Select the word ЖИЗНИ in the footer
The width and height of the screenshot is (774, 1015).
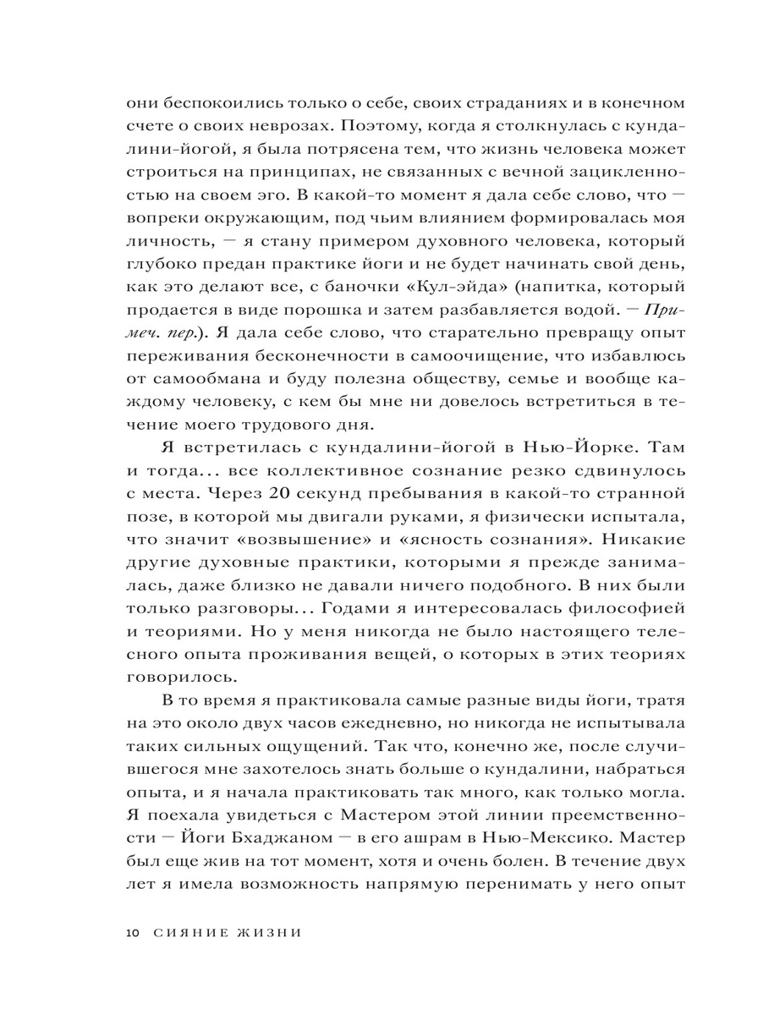pyautogui.click(x=268, y=933)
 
